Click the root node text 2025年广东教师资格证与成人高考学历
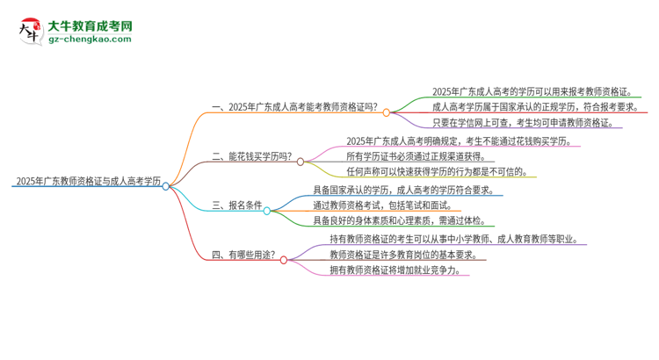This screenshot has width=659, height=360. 86,183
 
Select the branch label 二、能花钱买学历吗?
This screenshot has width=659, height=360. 251,159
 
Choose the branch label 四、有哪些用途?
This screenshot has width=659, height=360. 243,256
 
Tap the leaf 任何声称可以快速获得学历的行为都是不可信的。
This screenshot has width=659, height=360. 438,172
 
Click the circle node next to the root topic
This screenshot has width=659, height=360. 166,186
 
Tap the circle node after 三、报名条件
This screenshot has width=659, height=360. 267,211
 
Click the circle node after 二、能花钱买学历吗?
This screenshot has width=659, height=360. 301,162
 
